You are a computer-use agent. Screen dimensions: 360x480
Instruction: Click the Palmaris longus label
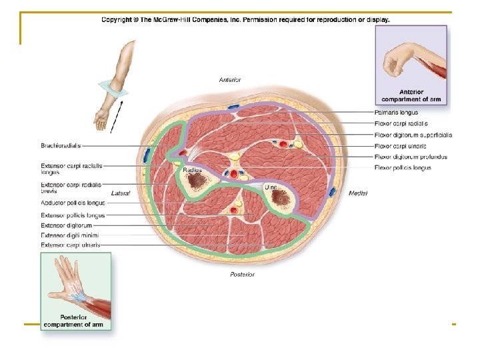(x=396, y=113)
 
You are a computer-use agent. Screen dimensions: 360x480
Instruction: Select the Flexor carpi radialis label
(x=401, y=123)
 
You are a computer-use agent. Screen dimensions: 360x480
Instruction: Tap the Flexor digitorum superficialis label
(x=413, y=135)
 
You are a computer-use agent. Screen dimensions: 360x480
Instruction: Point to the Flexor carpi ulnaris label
(x=400, y=146)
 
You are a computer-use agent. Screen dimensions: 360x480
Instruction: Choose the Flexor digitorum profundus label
(x=411, y=157)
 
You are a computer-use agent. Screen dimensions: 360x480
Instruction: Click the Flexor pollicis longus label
(x=403, y=168)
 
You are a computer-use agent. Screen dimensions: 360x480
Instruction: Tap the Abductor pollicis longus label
(x=73, y=203)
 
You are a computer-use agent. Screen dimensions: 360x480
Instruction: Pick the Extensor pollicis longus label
(x=73, y=215)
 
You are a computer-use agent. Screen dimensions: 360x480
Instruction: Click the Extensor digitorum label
(x=66, y=225)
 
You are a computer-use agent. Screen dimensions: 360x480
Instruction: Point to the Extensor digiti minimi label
(x=70, y=235)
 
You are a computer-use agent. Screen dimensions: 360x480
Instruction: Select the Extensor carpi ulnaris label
(x=71, y=245)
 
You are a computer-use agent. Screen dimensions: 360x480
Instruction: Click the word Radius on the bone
(x=193, y=171)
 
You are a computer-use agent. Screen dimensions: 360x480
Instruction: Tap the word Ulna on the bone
(x=272, y=187)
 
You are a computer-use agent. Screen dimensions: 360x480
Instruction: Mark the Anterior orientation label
(x=230, y=80)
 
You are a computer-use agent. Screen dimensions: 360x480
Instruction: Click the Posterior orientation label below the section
(x=241, y=274)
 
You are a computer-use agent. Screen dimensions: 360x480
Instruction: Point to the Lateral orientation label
(x=121, y=193)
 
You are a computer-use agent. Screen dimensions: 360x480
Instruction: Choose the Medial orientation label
(x=357, y=193)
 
